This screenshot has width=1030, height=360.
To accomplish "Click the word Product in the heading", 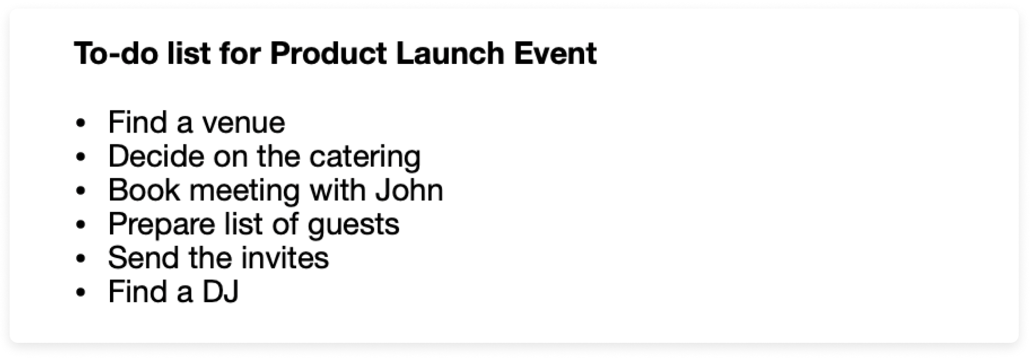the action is coord(328,53).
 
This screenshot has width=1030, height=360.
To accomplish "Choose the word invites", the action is coord(284,258).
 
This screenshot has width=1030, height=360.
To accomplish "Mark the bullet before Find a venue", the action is coord(81,124).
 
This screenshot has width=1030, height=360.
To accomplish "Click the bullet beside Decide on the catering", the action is coord(81,158).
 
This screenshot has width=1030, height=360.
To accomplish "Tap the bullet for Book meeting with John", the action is coord(81,192).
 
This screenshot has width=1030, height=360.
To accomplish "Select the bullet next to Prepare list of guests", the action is coord(81,225).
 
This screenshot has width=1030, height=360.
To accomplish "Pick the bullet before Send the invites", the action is coord(81,259).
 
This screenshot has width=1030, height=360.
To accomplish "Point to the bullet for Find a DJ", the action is coord(81,293).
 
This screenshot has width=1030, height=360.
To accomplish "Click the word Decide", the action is coord(157,157).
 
